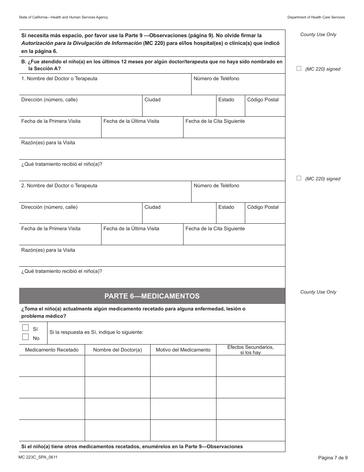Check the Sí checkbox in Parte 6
pyautogui.click(x=25, y=328)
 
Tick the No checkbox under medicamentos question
pyautogui.click(x=25, y=337)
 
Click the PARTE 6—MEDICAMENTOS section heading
pyautogui.click(x=152, y=296)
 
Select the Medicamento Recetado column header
pyautogui.click(x=52, y=350)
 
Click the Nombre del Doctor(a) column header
pyautogui.click(x=117, y=350)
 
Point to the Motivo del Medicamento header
pyautogui.click(x=183, y=350)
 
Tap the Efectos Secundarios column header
pyautogui.click(x=250, y=350)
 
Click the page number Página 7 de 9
pyautogui.click(x=333, y=457)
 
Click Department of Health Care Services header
pyautogui.click(x=316, y=17)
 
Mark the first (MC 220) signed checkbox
pyautogui.click(x=299, y=68)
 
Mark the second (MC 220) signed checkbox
pyautogui.click(x=299, y=178)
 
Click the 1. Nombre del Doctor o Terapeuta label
pyautogui.click(x=59, y=79)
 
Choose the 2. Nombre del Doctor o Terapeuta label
pyautogui.click(x=59, y=186)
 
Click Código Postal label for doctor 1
pyautogui.click(x=263, y=100)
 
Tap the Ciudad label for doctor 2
pyautogui.click(x=152, y=207)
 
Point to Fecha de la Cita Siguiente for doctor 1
pyautogui.click(x=215, y=121)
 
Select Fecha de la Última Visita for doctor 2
pyautogui.click(x=131, y=229)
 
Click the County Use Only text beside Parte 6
pyautogui.click(x=318, y=292)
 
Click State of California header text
pyautogui.click(x=63, y=17)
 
